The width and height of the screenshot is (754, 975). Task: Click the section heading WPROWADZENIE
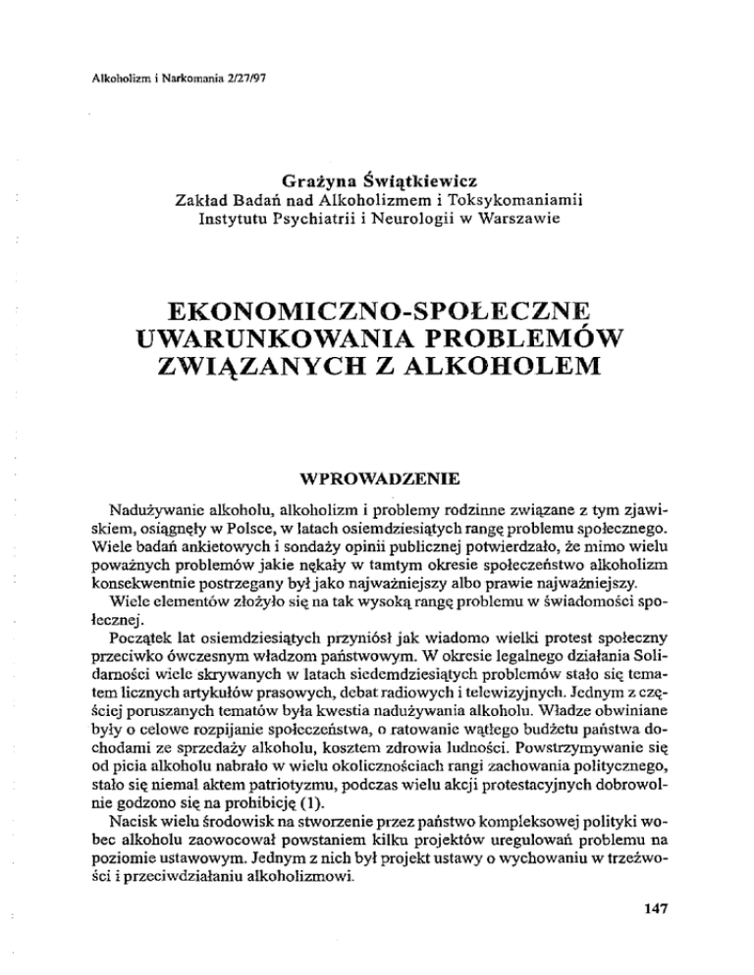click(x=377, y=482)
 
